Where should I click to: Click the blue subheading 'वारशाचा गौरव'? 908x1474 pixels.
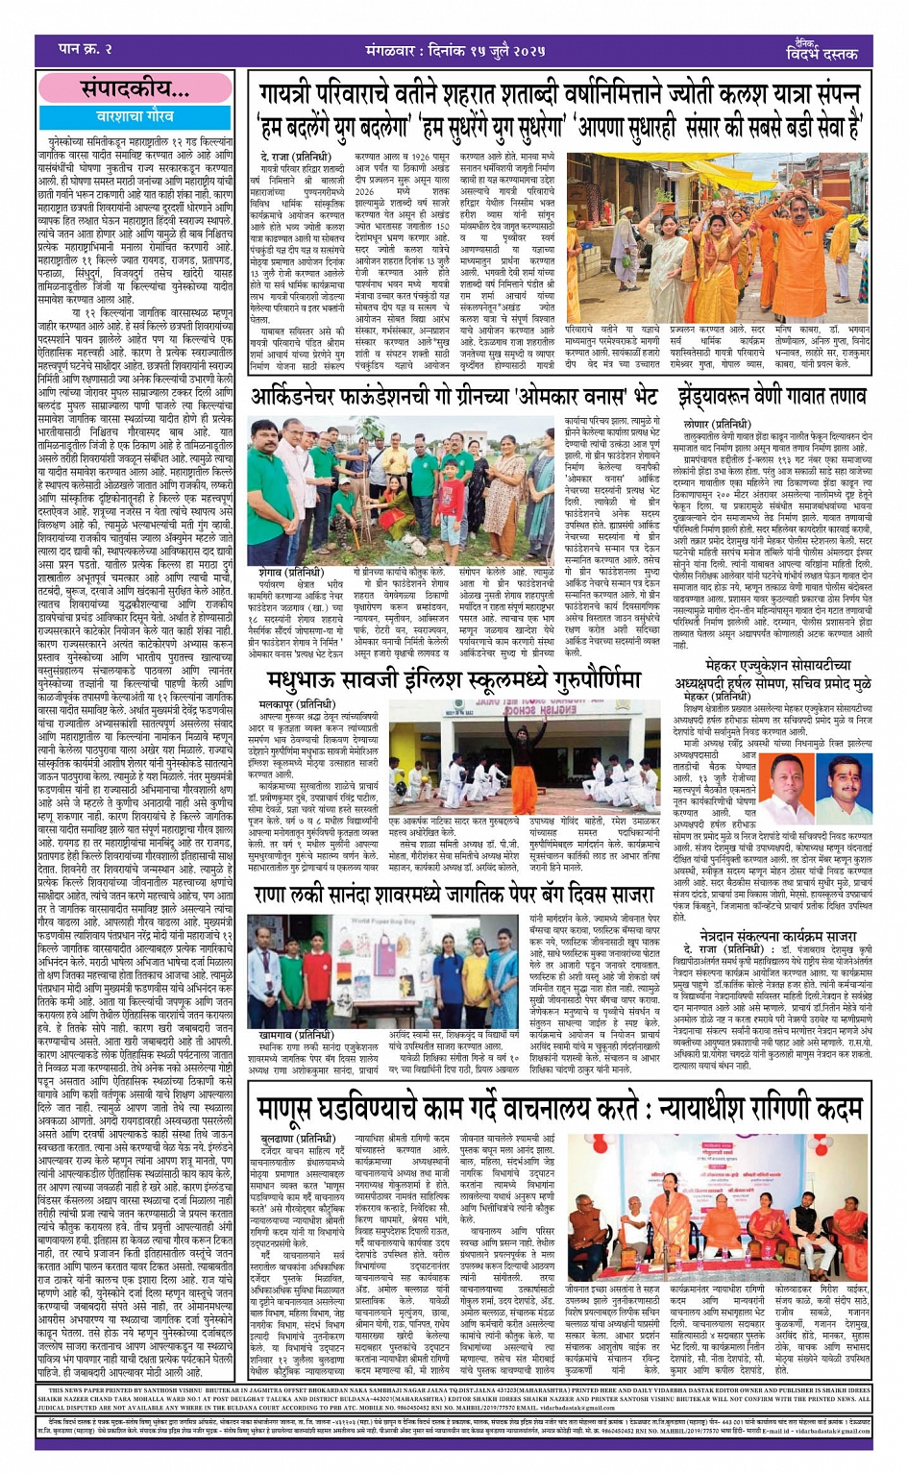[134, 116]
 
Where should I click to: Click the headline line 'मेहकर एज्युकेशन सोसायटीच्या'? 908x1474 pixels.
[773, 665]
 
